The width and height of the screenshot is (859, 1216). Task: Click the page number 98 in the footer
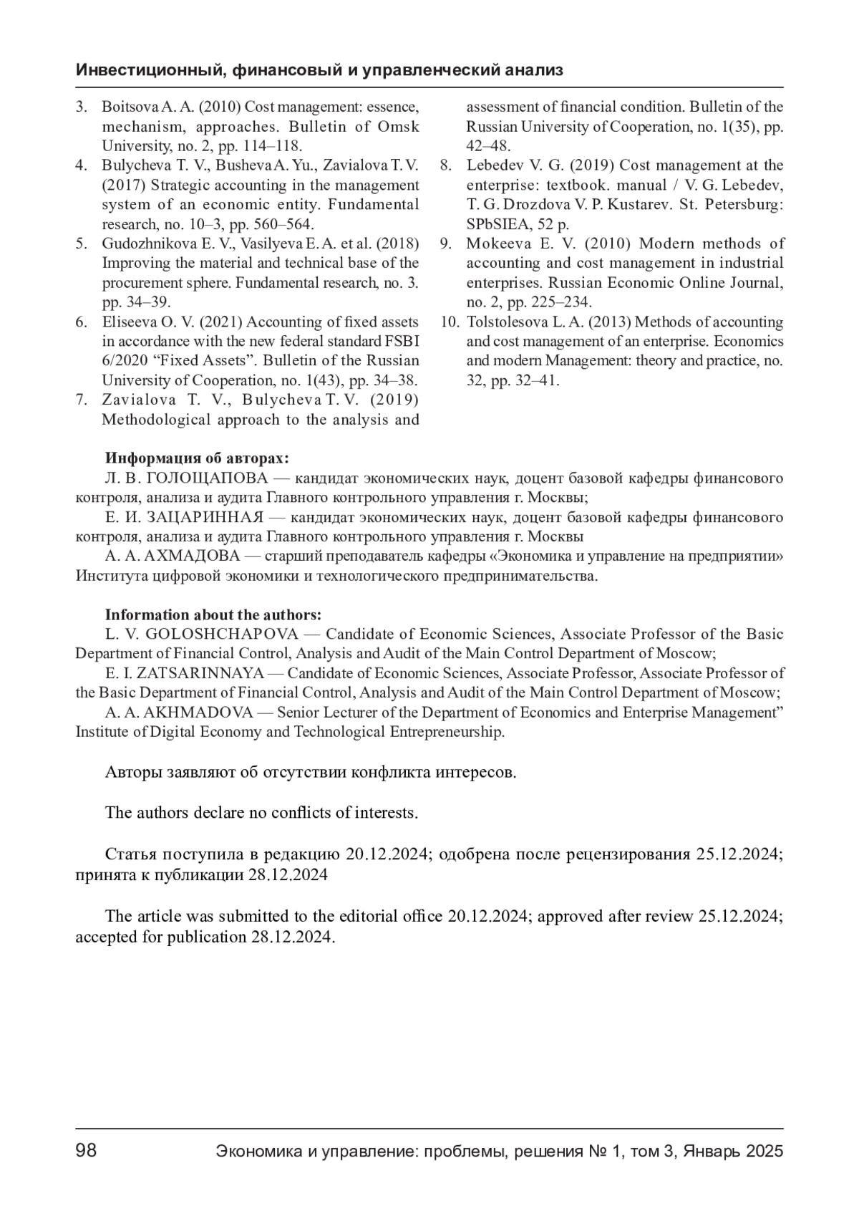(86, 1151)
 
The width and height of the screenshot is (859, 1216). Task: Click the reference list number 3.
(82, 107)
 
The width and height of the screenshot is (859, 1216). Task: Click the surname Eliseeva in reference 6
(126, 322)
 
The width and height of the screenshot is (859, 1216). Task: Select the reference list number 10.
(449, 322)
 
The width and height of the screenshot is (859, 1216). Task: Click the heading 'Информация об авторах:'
(197, 458)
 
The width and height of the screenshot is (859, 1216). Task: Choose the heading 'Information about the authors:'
(213, 614)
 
